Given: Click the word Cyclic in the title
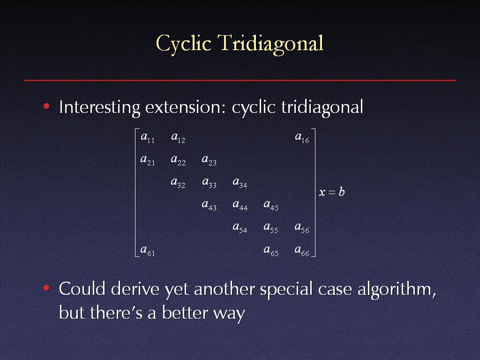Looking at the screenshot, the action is point(184,44).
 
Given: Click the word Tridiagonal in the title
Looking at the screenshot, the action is point(270,44).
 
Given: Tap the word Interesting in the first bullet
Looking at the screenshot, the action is point(99,108).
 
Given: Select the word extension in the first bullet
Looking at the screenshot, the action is point(186,107).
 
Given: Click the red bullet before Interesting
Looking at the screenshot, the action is point(46,106).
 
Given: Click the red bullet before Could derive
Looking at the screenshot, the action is point(46,288).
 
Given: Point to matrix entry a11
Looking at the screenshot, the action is point(148,137).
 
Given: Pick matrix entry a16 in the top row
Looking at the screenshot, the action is point(302,137).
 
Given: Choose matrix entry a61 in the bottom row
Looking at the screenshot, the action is point(148,250).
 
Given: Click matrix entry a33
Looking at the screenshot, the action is point(210,183).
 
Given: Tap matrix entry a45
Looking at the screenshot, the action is point(271,205).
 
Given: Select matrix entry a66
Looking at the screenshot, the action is point(302,250).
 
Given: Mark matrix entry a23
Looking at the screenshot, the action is point(210,160).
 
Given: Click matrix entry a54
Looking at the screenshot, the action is point(240,228).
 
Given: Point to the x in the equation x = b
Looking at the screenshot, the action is point(322,193).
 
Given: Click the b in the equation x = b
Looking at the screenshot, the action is point(342,192).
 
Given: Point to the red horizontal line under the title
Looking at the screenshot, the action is point(240,81).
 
